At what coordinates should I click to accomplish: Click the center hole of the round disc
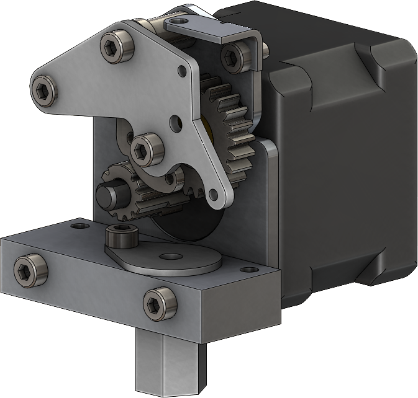[x=168, y=256]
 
